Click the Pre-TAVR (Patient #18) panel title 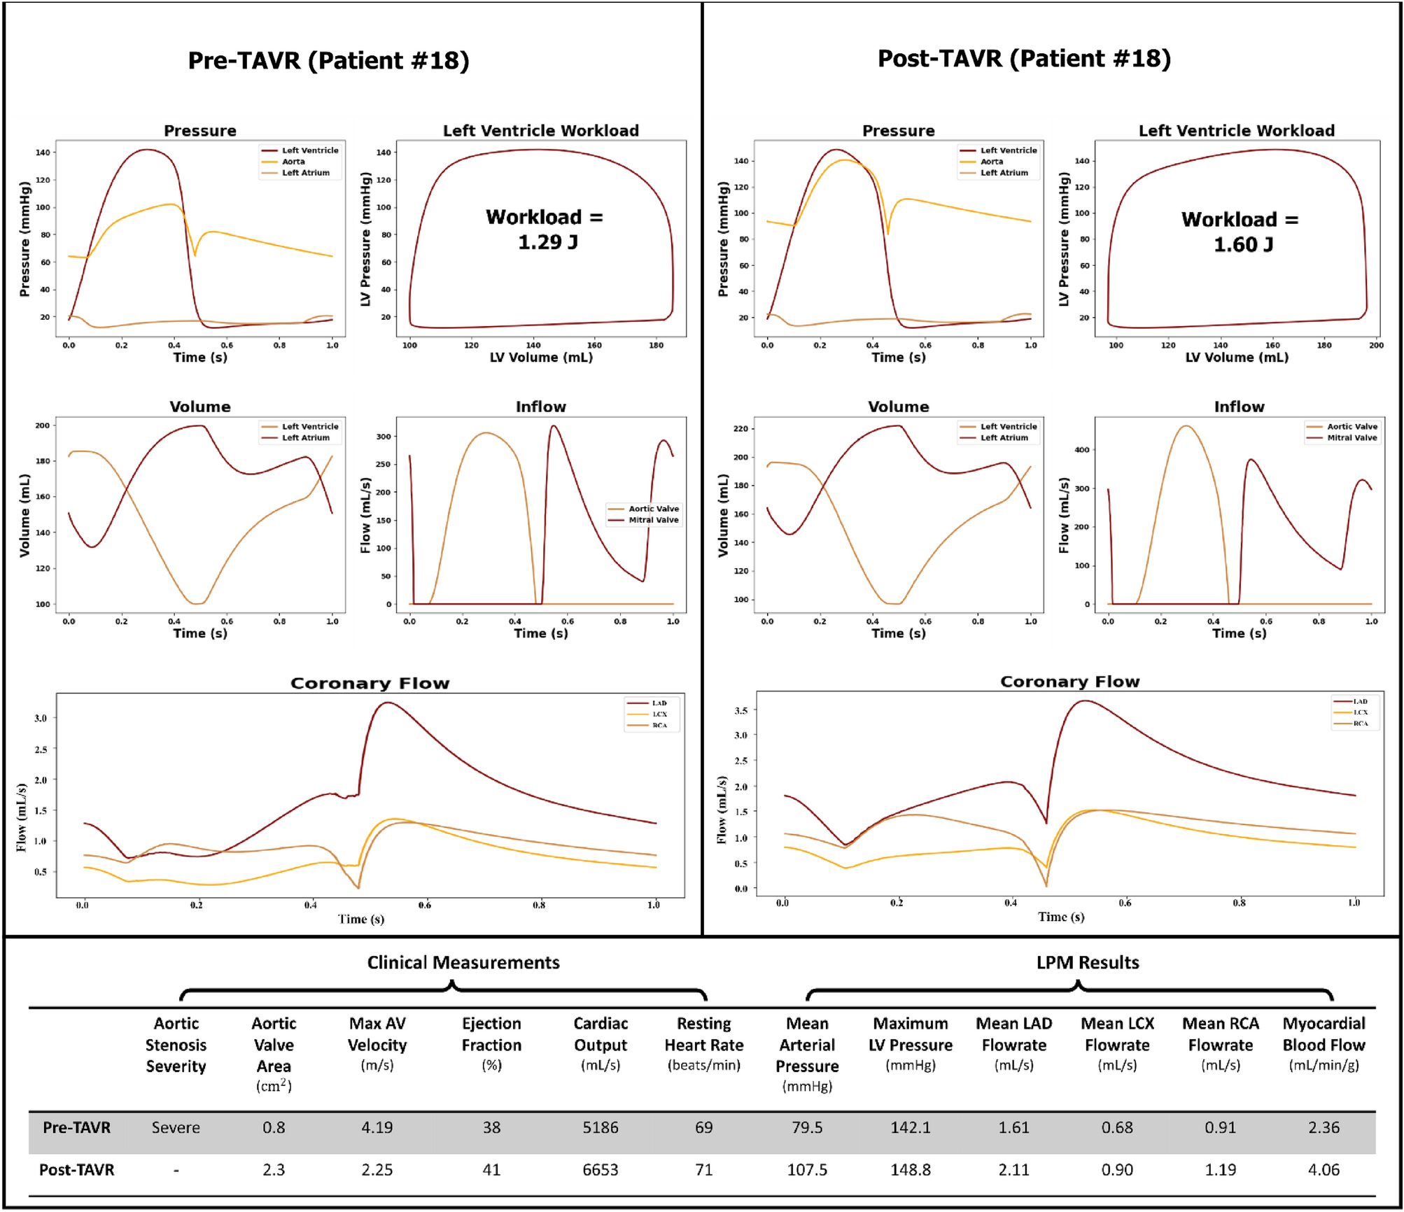[x=328, y=60]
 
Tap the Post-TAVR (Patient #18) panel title [x=1023, y=58]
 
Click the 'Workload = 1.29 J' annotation [x=545, y=229]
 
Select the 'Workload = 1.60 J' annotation [x=1240, y=232]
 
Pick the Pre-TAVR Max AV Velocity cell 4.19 [x=377, y=1127]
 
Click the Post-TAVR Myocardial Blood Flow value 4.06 [x=1323, y=1169]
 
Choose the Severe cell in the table [x=176, y=1127]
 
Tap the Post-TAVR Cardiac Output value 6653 [x=600, y=1169]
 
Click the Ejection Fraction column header [x=491, y=1044]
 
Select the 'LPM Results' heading [x=1087, y=962]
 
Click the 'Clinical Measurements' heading [x=463, y=962]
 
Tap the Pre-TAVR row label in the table [x=76, y=1127]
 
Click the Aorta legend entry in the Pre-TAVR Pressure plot [x=293, y=162]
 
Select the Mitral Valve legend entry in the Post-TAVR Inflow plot [x=1352, y=437]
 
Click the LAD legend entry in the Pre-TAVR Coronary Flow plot [x=659, y=703]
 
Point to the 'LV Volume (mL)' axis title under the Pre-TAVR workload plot [x=541, y=357]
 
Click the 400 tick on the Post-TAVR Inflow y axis [x=1082, y=450]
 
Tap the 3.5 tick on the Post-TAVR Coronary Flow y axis [x=740, y=710]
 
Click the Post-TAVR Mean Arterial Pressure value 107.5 [x=806, y=1169]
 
